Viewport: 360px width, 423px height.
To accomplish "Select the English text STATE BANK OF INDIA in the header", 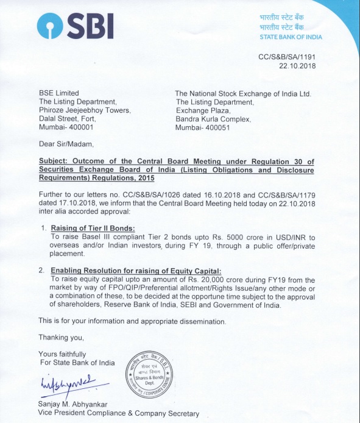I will point(291,37).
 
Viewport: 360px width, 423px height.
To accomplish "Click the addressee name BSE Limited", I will point(59,93).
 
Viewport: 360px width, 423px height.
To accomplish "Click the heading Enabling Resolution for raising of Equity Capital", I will point(136,270).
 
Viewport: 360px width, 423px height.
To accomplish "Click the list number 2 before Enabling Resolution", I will point(41,270).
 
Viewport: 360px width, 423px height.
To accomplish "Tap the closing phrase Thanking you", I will point(61,337).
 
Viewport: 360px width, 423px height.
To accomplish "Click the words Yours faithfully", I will point(62,354).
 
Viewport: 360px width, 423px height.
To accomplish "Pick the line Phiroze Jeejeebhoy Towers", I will point(85,110).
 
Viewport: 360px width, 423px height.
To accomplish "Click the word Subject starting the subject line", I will point(52,162).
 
